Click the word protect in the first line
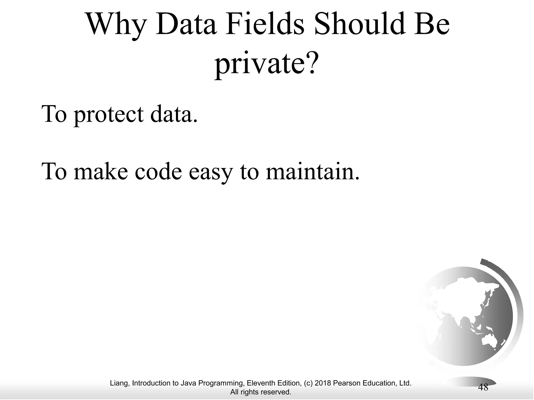108,115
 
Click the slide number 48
483,387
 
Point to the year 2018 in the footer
323,383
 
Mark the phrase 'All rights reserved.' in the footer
261,392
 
